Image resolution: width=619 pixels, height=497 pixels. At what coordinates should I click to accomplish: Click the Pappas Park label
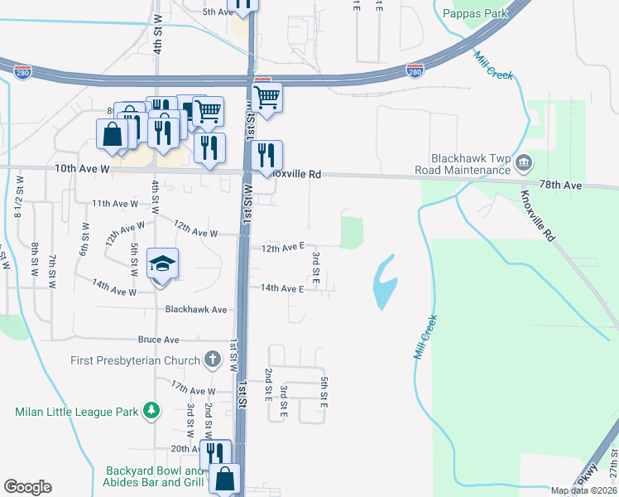click(x=473, y=13)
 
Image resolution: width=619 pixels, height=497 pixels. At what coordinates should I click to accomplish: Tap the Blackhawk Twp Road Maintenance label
click(x=470, y=164)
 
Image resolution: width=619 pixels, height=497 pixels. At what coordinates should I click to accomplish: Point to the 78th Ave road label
click(x=560, y=186)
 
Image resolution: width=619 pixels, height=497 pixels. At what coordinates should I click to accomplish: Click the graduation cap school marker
click(x=162, y=264)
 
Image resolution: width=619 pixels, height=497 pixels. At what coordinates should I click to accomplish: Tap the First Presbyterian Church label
click(x=136, y=360)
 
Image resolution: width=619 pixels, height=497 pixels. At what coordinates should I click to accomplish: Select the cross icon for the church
click(x=213, y=359)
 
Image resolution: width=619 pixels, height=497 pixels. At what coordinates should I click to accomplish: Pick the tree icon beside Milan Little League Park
click(x=151, y=410)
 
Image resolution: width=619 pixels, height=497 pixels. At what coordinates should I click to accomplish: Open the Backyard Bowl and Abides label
click(x=153, y=475)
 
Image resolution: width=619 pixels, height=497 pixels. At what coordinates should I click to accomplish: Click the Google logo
click(x=27, y=486)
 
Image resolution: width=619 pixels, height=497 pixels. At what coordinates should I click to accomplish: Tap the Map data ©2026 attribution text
click(x=583, y=490)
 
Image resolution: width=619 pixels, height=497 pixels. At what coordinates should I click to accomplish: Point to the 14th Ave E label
click(x=282, y=288)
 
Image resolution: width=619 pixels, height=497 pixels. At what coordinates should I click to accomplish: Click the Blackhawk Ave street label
click(x=196, y=309)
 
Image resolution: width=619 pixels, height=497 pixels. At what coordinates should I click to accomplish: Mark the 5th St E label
click(x=325, y=391)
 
